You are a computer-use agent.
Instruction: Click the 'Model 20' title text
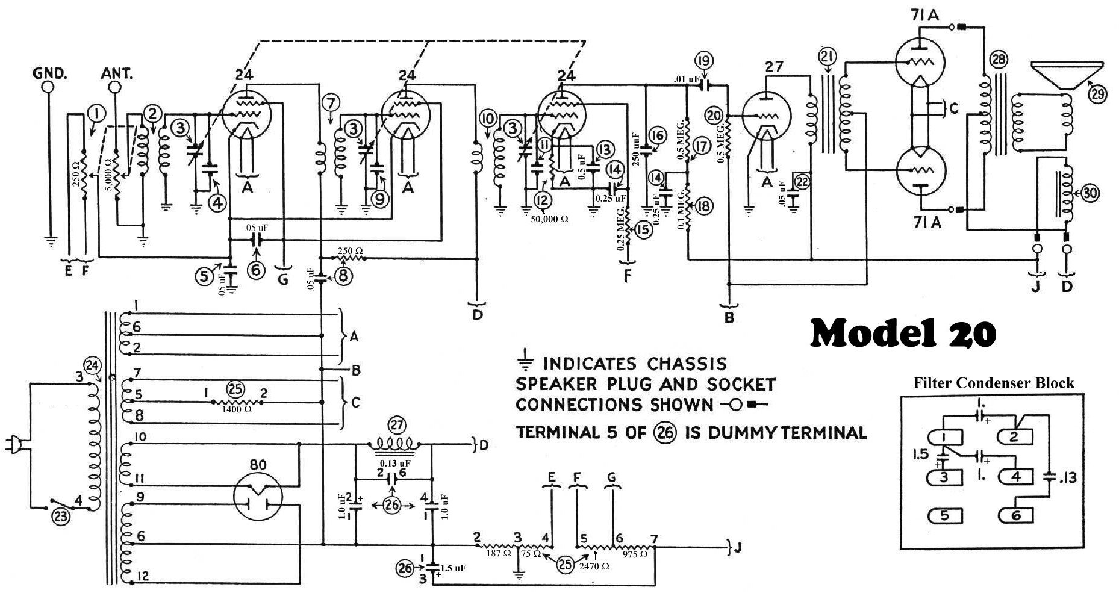pyautogui.click(x=902, y=334)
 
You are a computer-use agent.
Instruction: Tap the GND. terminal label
pyautogui.click(x=51, y=75)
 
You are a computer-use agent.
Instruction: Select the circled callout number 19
pyautogui.click(x=703, y=61)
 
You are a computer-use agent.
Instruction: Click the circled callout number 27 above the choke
pyautogui.click(x=396, y=423)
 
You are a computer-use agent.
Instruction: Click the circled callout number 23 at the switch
pyautogui.click(x=63, y=516)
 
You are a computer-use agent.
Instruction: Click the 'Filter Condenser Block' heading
pyautogui.click(x=994, y=383)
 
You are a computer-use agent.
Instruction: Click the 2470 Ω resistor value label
pyautogui.click(x=594, y=566)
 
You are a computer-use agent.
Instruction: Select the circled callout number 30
pyautogui.click(x=1089, y=193)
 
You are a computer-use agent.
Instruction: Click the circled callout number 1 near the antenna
pyautogui.click(x=96, y=113)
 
